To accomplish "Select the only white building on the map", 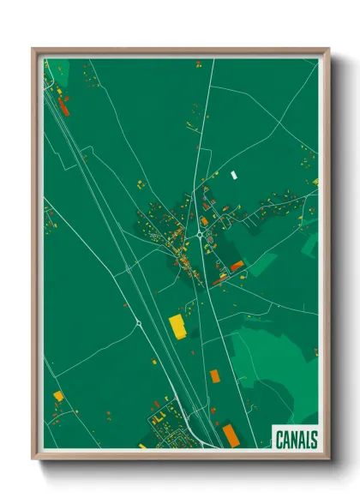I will [233, 175].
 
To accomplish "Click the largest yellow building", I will [177, 326].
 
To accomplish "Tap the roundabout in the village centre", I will [199, 234].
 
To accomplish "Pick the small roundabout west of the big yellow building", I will [137, 323].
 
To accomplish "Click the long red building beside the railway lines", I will [63, 106].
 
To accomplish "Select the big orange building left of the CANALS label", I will [231, 434].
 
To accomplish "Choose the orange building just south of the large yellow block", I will [214, 375].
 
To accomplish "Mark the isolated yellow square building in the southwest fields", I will [58, 396].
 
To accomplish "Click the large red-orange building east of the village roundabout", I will [237, 266].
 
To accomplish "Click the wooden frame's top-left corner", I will [34, 50].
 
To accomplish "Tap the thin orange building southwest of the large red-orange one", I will [219, 279].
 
